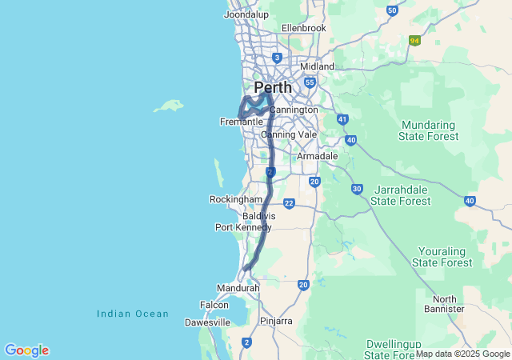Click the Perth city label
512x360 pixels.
click(273, 86)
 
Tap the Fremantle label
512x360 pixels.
click(242, 122)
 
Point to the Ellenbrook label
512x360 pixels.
click(304, 28)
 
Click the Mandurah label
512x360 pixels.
click(238, 288)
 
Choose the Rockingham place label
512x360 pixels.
click(236, 199)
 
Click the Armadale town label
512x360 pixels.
click(318, 156)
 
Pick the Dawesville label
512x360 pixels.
click(207, 322)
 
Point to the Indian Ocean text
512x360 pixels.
click(133, 314)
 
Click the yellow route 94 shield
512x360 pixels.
click(414, 40)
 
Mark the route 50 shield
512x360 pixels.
click(391, 10)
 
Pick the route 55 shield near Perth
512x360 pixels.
click(310, 82)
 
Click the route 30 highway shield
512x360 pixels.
click(357, 189)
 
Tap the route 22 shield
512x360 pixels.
click(289, 203)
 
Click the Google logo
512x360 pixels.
click(26, 350)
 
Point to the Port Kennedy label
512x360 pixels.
click(243, 227)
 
